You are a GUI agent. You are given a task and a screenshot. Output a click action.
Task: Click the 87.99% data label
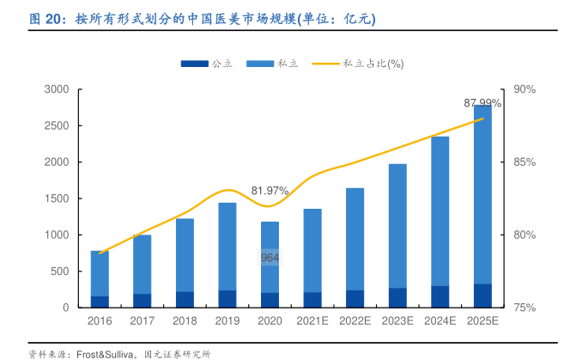[x=482, y=103]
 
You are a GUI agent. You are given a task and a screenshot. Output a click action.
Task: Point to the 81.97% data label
[x=270, y=190]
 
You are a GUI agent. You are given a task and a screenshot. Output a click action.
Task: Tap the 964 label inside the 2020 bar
[x=270, y=257]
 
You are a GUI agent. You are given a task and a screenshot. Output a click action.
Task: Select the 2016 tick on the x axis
[x=100, y=321]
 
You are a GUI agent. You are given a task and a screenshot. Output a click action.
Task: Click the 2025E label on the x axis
[x=482, y=321]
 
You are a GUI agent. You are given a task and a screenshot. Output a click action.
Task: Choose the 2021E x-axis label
[x=312, y=321]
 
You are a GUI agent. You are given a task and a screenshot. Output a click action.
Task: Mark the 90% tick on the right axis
[x=524, y=89]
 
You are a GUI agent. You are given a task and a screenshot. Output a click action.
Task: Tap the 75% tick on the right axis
[x=524, y=308]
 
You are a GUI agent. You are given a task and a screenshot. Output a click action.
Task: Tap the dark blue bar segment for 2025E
[x=482, y=296]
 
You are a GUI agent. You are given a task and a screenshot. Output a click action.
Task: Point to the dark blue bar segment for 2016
[x=100, y=302]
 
